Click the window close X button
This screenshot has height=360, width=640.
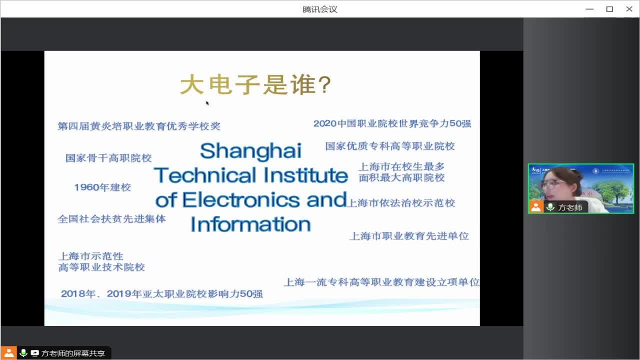click(629, 9)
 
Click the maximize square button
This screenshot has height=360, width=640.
click(609, 9)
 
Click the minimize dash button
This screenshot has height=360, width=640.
click(589, 9)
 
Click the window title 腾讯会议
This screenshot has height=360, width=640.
click(319, 9)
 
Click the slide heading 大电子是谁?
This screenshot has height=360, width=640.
click(255, 84)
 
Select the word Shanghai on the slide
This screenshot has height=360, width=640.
click(250, 151)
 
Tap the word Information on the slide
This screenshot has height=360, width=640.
click(250, 224)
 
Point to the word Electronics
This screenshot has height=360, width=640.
click(241, 199)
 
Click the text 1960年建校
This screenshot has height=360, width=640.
click(102, 187)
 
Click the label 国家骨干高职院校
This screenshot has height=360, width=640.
click(108, 158)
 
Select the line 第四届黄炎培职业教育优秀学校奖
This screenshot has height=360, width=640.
click(139, 126)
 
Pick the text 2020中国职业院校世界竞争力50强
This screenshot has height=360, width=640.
click(392, 123)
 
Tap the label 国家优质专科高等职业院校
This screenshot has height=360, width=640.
click(390, 146)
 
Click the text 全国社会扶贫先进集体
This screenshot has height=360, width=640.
click(111, 219)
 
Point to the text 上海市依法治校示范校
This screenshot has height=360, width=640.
click(401, 203)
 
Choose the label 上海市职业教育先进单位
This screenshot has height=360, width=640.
click(409, 236)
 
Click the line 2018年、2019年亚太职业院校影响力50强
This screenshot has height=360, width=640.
click(161, 293)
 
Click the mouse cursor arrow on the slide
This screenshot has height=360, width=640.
click(207, 103)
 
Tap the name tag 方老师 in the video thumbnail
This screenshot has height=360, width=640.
click(570, 207)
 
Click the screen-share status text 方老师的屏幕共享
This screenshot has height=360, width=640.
click(73, 353)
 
